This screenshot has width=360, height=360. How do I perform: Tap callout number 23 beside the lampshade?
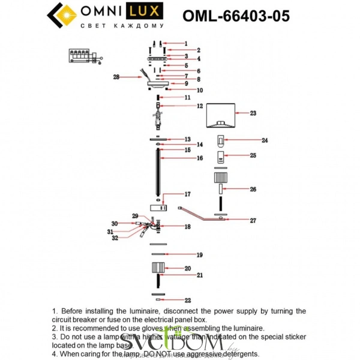coord(253,113)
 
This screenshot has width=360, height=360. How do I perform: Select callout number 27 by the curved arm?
coord(253,221)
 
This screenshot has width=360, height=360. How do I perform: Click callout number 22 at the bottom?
coord(187,299)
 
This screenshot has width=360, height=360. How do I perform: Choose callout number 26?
coord(253,189)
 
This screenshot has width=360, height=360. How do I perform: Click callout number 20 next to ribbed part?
coord(187,268)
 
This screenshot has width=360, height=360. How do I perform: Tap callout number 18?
coord(187,227)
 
